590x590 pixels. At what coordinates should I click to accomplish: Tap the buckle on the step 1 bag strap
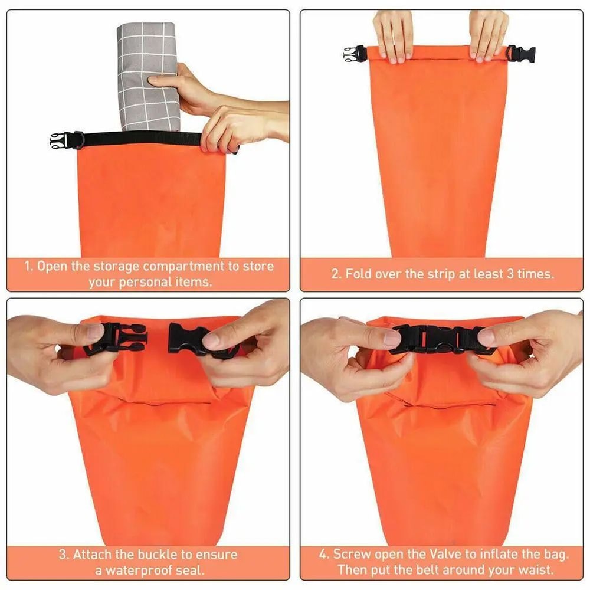coord(61,140)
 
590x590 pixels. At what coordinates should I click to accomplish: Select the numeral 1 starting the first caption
coord(27,266)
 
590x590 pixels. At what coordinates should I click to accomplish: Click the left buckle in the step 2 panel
coord(353,54)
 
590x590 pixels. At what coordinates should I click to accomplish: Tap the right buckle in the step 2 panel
coord(523,54)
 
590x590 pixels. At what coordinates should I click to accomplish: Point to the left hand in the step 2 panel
coord(393,34)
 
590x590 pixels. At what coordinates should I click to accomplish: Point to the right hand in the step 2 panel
coord(489,34)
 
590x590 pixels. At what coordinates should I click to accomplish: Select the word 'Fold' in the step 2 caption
coord(358,274)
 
